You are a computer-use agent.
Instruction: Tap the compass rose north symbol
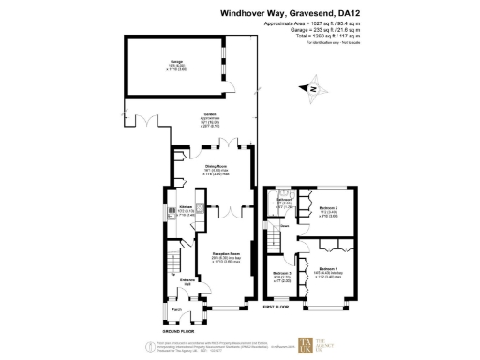click(x=313, y=90)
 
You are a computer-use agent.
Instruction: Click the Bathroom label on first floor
click(x=284, y=200)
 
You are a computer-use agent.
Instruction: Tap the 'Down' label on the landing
click(x=282, y=226)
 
